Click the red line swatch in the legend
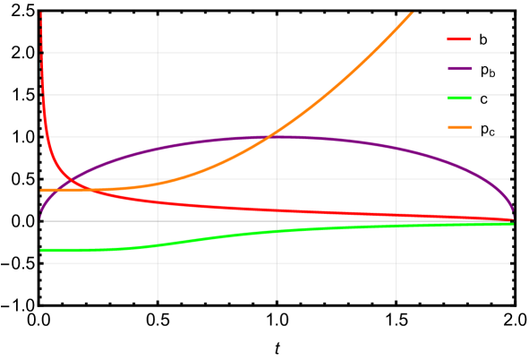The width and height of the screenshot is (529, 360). (459, 39)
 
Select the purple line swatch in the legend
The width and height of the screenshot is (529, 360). (459, 69)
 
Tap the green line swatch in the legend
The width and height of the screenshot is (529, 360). (459, 98)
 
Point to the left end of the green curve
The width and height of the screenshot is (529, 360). (41, 250)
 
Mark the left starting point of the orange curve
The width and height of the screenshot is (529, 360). (41, 190)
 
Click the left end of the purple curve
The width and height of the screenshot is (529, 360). (40, 216)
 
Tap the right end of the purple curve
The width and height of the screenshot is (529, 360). (512, 209)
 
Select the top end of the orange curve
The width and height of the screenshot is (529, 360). (412, 13)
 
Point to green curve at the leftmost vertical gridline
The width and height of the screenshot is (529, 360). (158, 244)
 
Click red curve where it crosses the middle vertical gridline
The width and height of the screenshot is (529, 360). (277, 210)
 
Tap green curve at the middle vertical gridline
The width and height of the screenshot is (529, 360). (277, 231)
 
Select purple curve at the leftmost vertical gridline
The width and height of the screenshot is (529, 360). (158, 149)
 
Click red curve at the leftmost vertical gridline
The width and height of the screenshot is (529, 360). (158, 201)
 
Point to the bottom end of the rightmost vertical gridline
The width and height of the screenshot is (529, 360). (397, 299)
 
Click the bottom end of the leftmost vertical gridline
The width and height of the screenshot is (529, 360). (158, 299)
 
